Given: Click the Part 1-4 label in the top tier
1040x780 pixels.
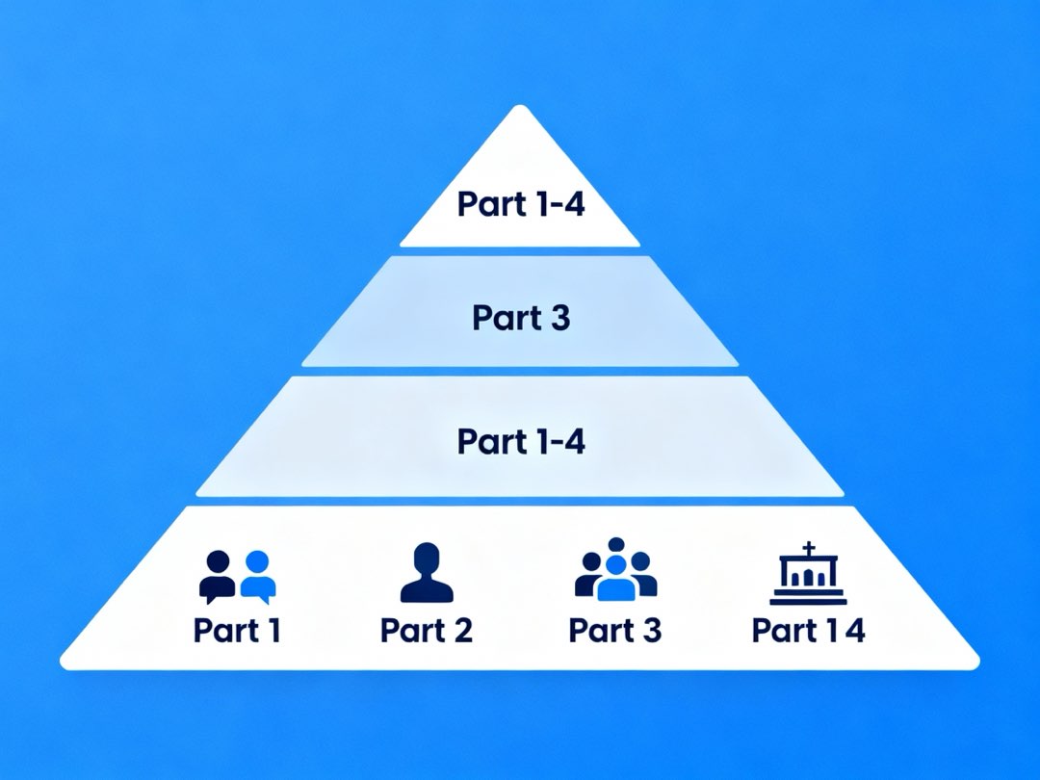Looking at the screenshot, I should point(520,204).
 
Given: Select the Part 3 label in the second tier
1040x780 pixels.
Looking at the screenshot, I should point(520,318).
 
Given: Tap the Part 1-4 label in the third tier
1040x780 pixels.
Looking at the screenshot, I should point(520,441).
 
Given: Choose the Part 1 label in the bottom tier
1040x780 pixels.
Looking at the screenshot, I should point(237,631).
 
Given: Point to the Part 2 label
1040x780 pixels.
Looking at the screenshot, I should point(427,631).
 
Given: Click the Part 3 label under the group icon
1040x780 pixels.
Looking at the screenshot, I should point(615,631).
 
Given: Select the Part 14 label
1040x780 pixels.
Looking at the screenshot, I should point(808,631).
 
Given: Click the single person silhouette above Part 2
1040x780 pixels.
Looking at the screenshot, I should point(427,573).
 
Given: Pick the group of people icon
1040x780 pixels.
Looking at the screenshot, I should point(616,570).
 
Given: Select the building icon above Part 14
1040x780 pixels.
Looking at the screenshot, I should point(809,575).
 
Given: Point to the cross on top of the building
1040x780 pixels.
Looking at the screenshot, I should point(809,549).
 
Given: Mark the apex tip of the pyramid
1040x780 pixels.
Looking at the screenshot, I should point(520,108).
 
